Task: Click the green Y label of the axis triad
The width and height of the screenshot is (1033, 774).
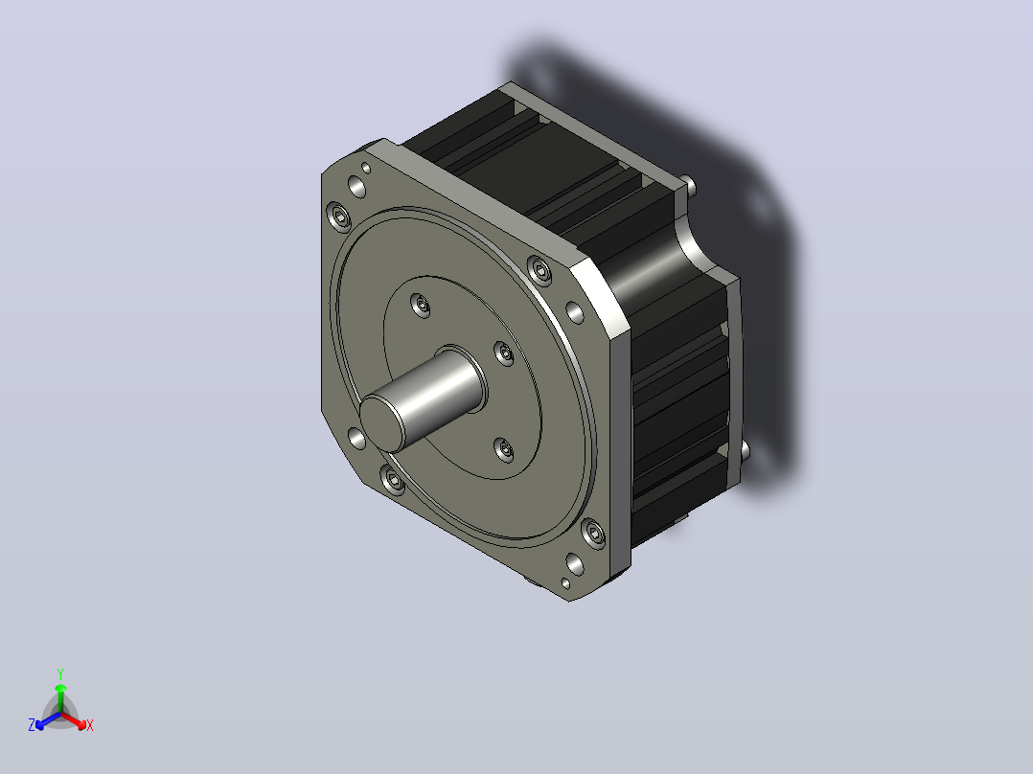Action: click(60, 673)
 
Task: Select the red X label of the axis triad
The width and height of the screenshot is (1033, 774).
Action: click(90, 725)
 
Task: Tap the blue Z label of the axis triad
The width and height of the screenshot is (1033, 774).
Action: click(32, 725)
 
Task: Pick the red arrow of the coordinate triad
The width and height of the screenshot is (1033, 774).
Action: click(73, 720)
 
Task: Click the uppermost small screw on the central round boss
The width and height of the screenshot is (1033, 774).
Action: click(421, 305)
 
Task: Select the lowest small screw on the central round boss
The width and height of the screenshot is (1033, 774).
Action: click(505, 450)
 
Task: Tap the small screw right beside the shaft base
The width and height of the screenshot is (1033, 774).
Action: click(505, 353)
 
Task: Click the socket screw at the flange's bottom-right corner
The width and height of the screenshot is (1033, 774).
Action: click(593, 533)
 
